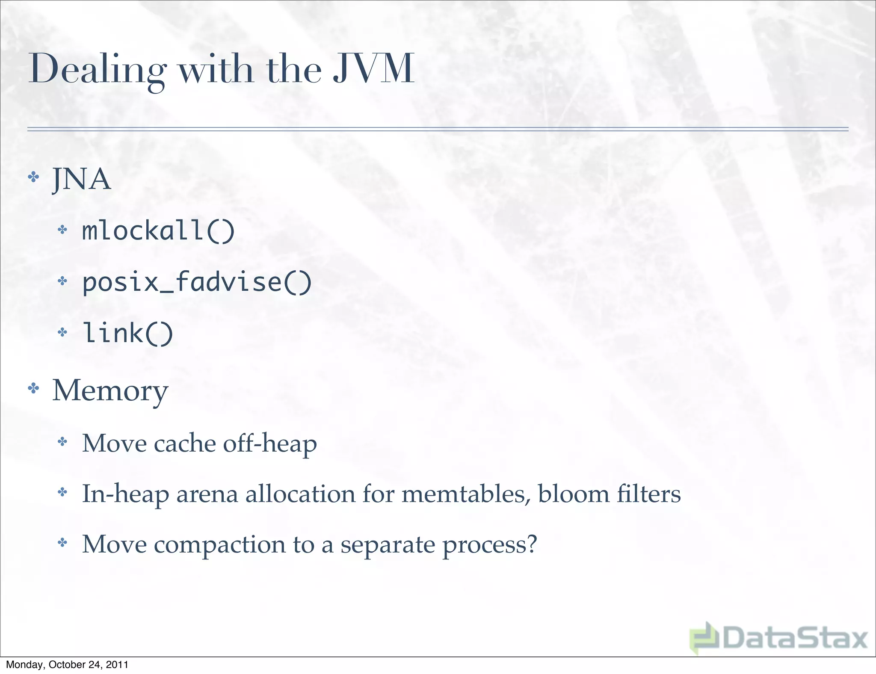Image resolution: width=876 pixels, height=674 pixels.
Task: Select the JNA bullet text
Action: point(81,179)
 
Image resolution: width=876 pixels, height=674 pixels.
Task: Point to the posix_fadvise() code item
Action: point(197,282)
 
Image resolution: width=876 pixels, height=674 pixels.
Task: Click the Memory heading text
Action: point(110,390)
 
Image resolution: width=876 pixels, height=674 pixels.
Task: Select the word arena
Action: point(207,494)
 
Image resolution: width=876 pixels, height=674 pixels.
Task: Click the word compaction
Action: point(219,545)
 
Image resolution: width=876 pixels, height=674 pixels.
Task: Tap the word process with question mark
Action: point(489,545)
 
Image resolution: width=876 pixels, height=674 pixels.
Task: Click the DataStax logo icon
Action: point(704,638)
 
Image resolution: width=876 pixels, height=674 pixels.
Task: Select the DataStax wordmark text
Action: point(796,639)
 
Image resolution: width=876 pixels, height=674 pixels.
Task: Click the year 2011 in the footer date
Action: point(117,665)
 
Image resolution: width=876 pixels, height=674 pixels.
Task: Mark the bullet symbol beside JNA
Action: point(33,177)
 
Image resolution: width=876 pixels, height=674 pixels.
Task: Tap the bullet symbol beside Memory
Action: point(33,388)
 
